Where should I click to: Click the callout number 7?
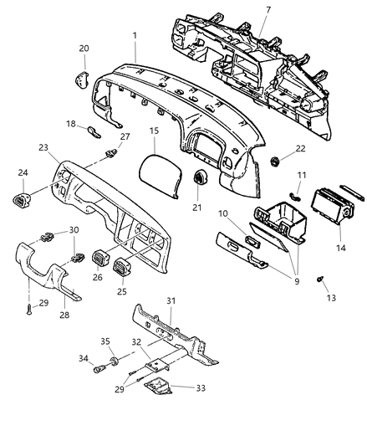[x=268, y=10]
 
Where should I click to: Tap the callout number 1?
[x=135, y=35]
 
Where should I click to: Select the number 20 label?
[x=84, y=49]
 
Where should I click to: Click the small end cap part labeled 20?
[x=82, y=79]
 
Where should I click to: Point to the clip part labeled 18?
[x=94, y=132]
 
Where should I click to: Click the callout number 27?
[x=125, y=136]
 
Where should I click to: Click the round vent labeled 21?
[x=200, y=177]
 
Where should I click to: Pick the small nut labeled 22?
[x=274, y=161]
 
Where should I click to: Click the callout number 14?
[x=341, y=248]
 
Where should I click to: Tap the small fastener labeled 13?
[x=320, y=279]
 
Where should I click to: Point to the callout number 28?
[x=64, y=315]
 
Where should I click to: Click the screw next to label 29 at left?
[x=29, y=309]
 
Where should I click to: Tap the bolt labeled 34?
[x=99, y=369]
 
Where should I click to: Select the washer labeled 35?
[x=115, y=361]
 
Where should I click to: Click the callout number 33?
[x=201, y=388]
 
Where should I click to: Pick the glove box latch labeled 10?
[x=252, y=242]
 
